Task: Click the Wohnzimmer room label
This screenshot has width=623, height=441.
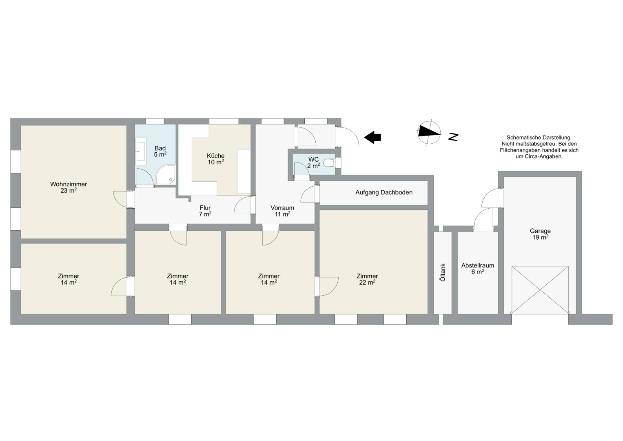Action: pos(69,187)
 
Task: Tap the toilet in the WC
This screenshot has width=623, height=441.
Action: pos(328,163)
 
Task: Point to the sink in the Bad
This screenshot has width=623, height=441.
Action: pos(140,151)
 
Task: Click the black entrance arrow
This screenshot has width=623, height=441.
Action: pos(372,137)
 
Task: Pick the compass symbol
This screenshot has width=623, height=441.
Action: pos(430,133)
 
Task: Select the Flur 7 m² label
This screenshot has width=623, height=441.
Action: pos(205,211)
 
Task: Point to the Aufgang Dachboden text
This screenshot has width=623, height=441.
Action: pos(384,192)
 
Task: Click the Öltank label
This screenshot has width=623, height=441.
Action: pos(443,272)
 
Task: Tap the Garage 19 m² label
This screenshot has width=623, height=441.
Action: pos(540,234)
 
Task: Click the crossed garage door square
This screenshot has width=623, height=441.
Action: pos(540,290)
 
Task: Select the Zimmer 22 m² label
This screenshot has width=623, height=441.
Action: pos(367,279)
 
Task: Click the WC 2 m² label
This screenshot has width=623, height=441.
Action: pos(313,163)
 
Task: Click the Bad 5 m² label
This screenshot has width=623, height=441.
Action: pos(160,151)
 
